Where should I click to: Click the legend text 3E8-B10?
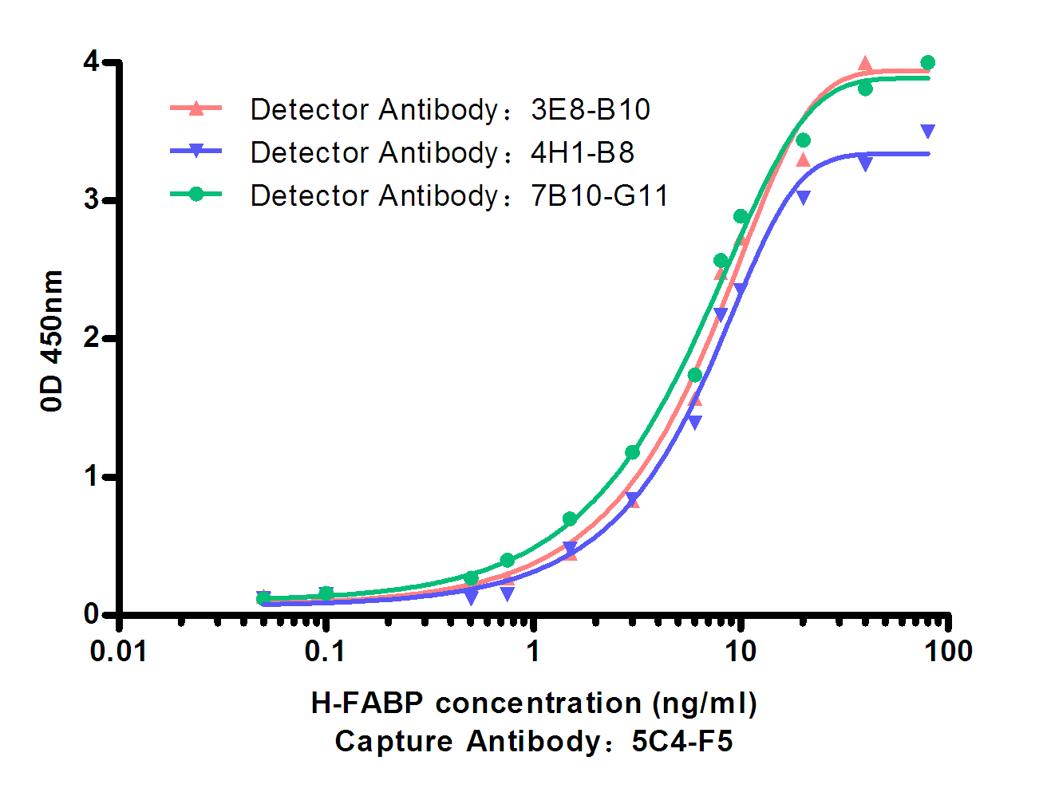pyautogui.click(x=591, y=109)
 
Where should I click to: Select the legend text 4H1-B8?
pyautogui.click(x=583, y=152)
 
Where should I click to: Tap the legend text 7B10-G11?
pyautogui.click(x=599, y=195)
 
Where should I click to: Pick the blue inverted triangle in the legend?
pyautogui.click(x=196, y=152)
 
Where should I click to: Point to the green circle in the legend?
pyautogui.click(x=196, y=194)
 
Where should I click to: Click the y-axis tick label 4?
pyautogui.click(x=92, y=62)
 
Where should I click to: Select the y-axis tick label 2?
pyautogui.click(x=92, y=338)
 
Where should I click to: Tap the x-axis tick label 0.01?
pyautogui.click(x=119, y=652)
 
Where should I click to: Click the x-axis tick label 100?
pyautogui.click(x=948, y=652)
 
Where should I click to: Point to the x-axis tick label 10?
pyautogui.click(x=740, y=652)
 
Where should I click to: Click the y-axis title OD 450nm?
pyautogui.click(x=51, y=340)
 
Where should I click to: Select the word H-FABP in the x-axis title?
pyautogui.click(x=367, y=703)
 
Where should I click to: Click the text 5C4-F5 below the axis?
pyautogui.click(x=682, y=742)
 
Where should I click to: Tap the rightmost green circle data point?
pyautogui.click(x=927, y=63)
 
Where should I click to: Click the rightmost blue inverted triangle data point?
pyautogui.click(x=927, y=131)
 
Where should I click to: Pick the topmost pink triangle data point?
pyautogui.click(x=865, y=64)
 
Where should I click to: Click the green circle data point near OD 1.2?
pyautogui.click(x=632, y=453)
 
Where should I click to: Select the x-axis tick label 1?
pyautogui.click(x=533, y=652)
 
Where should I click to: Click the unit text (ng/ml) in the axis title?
pyautogui.click(x=705, y=703)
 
